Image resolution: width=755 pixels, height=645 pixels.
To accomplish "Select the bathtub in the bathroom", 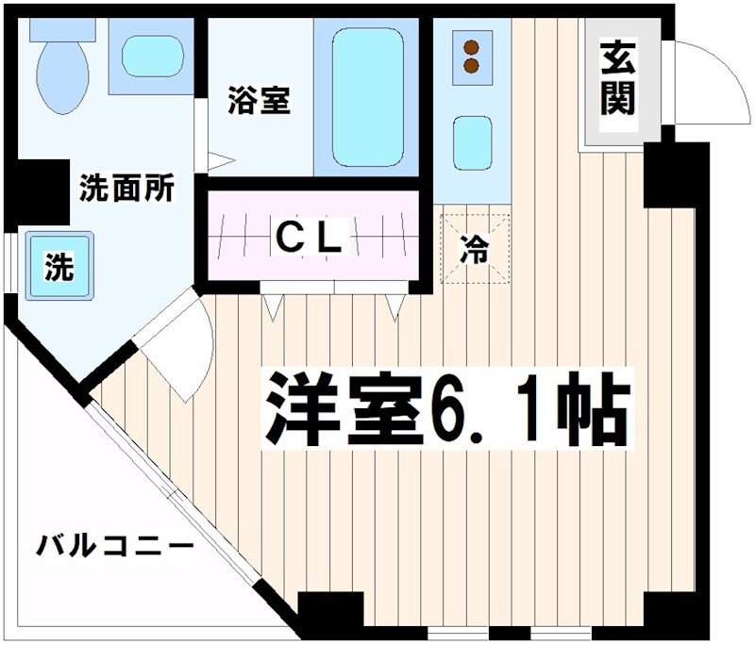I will coord(368,94).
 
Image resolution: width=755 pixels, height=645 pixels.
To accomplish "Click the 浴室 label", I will coord(258,100).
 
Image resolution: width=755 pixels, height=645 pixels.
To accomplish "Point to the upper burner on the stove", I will coord(471,45).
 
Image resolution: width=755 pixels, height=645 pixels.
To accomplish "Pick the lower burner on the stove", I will coord(471,65).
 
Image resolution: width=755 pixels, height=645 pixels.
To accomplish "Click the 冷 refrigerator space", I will coord(475,250).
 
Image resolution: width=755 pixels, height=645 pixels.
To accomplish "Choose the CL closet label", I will coord(308,238).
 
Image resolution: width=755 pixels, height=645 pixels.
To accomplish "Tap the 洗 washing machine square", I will coord(59,268).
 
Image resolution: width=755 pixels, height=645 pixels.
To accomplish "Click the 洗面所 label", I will coord(126,189).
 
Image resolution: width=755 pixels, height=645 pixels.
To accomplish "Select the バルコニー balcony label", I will coord(115,546).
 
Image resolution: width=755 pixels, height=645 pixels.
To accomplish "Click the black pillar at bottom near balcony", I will coord(330,616).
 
